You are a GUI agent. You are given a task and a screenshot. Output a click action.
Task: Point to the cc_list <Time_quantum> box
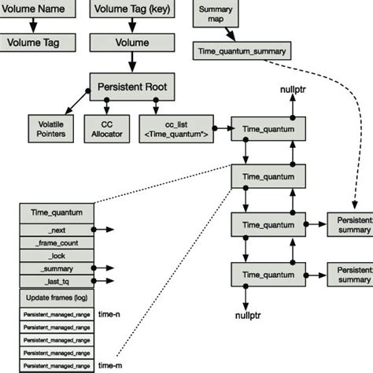(x=174, y=130)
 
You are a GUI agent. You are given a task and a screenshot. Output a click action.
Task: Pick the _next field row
(x=57, y=229)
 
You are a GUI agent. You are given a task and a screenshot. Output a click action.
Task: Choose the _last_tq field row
(x=57, y=280)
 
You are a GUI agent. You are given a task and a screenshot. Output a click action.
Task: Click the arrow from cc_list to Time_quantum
(x=220, y=126)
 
